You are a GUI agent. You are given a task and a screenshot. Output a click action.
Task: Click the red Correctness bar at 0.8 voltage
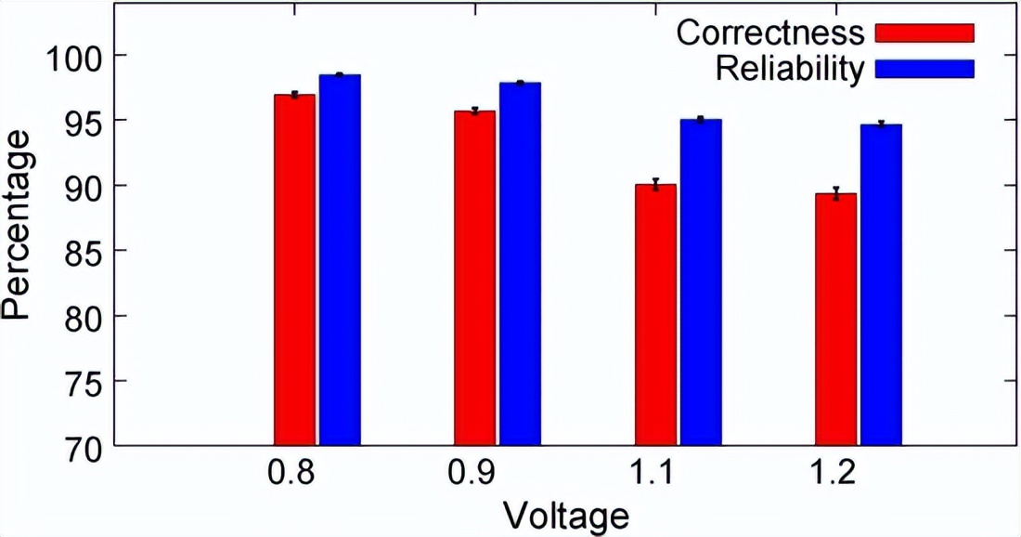[x=294, y=269]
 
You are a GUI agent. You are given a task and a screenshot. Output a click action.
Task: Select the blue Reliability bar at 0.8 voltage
[x=340, y=260]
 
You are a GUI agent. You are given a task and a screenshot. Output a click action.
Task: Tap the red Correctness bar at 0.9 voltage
[x=474, y=278]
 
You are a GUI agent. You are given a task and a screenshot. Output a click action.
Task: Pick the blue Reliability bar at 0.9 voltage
[x=520, y=264]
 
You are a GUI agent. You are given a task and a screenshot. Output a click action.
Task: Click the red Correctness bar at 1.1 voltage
[x=655, y=315]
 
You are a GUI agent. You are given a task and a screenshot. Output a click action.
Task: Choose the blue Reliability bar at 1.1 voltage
[x=701, y=282]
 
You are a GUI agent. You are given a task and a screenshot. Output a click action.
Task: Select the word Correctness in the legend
[x=770, y=33]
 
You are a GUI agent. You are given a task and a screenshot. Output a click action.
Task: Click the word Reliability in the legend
[x=790, y=69]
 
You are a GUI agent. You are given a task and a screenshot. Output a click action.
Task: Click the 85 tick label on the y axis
[x=81, y=251]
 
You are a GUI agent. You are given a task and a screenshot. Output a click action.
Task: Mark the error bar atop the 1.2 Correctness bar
[x=835, y=193]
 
